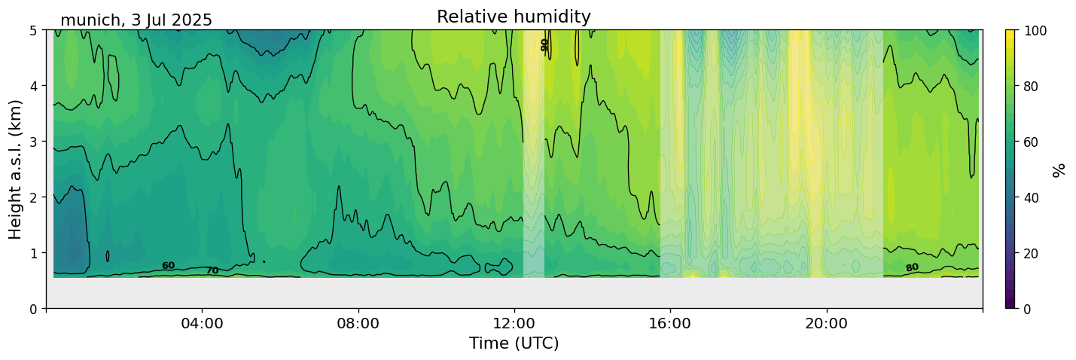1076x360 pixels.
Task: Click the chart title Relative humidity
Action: point(514,17)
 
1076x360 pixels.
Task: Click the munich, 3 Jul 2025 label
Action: point(136,20)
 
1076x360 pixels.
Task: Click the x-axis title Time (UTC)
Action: point(514,343)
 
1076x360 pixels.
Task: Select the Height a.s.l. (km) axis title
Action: point(16,169)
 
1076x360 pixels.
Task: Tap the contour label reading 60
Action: point(168,266)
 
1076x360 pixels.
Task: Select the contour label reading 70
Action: point(212,270)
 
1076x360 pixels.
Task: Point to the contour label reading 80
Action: point(912,267)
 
